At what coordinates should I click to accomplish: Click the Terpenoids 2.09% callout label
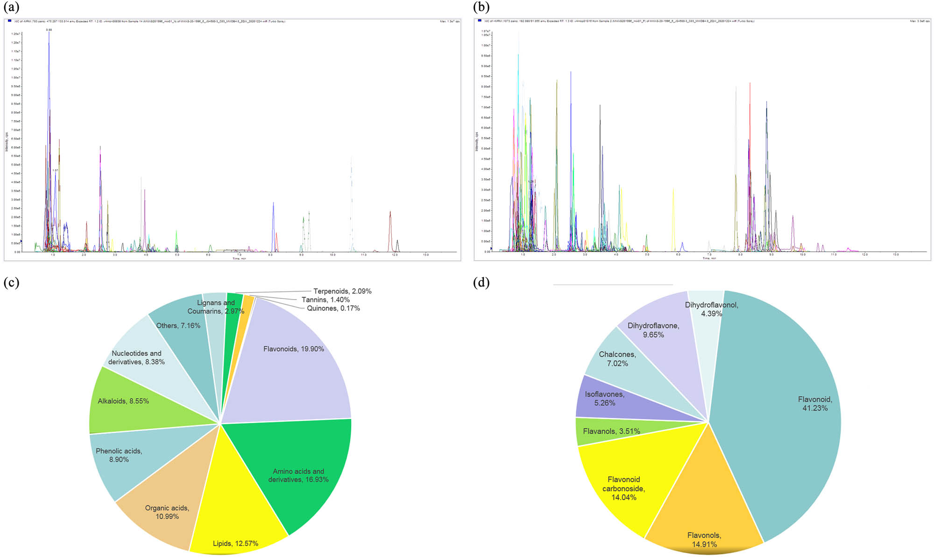(x=342, y=291)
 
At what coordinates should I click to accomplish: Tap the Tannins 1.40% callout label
(x=325, y=300)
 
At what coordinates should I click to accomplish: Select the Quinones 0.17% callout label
(x=333, y=308)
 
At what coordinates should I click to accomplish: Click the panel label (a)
(x=11, y=7)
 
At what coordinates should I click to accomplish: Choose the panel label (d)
(x=481, y=283)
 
